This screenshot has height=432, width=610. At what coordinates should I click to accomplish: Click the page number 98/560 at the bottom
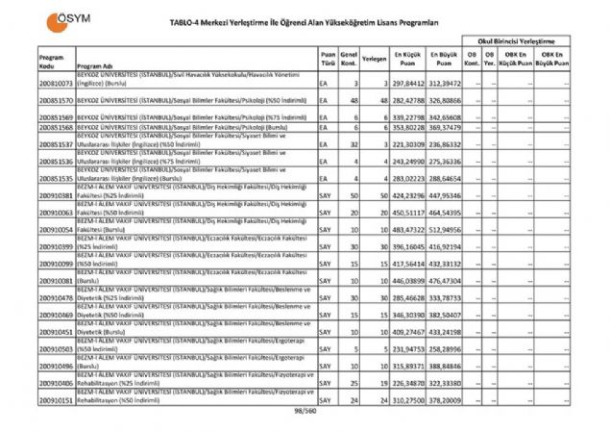click(305, 412)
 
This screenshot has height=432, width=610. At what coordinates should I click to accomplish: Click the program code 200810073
click(57, 84)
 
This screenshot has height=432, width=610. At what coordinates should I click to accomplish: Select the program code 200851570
click(57, 100)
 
